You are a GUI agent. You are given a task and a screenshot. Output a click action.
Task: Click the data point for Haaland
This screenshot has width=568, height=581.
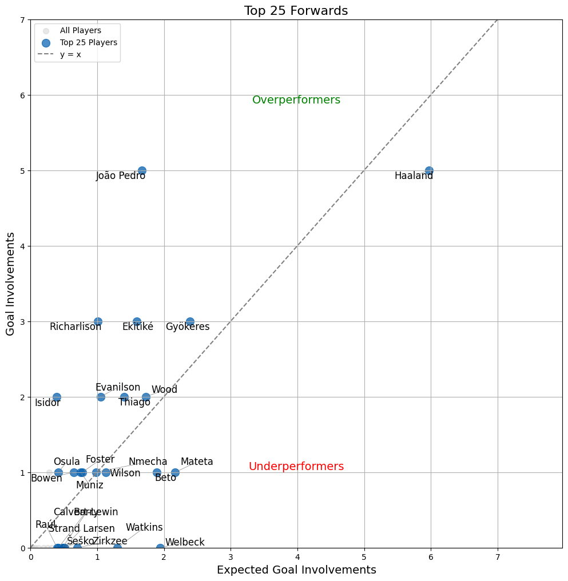point(429,170)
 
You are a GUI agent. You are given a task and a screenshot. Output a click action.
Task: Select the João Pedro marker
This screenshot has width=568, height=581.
point(142,170)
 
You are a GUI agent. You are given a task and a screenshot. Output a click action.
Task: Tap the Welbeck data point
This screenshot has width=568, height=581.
point(160,548)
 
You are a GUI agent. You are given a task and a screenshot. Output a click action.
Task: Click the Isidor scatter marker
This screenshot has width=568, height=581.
point(57,397)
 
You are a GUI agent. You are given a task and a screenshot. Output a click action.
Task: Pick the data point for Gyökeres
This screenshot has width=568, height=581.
point(190,321)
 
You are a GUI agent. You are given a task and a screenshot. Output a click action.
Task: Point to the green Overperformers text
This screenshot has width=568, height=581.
point(296,100)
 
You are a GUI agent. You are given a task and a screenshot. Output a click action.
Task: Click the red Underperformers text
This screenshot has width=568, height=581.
point(296,467)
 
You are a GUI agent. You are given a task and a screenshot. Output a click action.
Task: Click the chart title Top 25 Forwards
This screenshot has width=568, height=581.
point(296,11)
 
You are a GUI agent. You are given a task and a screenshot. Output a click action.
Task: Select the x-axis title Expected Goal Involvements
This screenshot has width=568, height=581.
point(296,570)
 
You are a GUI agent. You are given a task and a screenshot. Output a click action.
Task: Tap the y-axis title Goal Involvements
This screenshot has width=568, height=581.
point(10,284)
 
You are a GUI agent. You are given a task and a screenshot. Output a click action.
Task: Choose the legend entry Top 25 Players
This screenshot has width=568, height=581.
point(88,42)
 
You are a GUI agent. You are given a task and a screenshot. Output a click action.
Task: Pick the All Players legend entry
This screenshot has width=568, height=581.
point(80,30)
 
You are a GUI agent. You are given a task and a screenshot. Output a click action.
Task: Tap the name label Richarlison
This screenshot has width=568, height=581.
point(76,327)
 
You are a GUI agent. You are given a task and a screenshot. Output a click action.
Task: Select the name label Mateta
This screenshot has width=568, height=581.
point(197,461)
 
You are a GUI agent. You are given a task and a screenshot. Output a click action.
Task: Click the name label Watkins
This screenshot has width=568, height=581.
point(144,527)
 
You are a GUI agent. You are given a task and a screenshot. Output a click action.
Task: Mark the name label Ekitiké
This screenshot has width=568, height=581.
point(138,327)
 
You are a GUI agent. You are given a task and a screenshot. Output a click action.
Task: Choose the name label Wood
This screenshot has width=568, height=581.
point(164,389)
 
